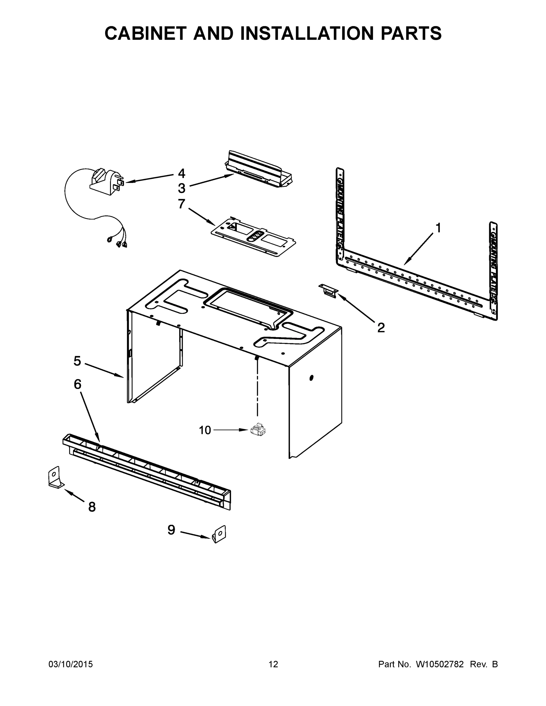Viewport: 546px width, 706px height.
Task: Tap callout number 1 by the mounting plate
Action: (438, 228)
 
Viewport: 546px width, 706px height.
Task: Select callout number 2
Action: (381, 328)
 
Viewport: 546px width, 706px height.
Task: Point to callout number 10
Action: (205, 430)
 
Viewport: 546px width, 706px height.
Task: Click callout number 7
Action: (182, 204)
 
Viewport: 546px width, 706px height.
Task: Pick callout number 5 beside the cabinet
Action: (77, 361)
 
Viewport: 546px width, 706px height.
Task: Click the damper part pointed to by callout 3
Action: (259, 169)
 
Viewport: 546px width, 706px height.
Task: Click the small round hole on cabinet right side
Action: (311, 378)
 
